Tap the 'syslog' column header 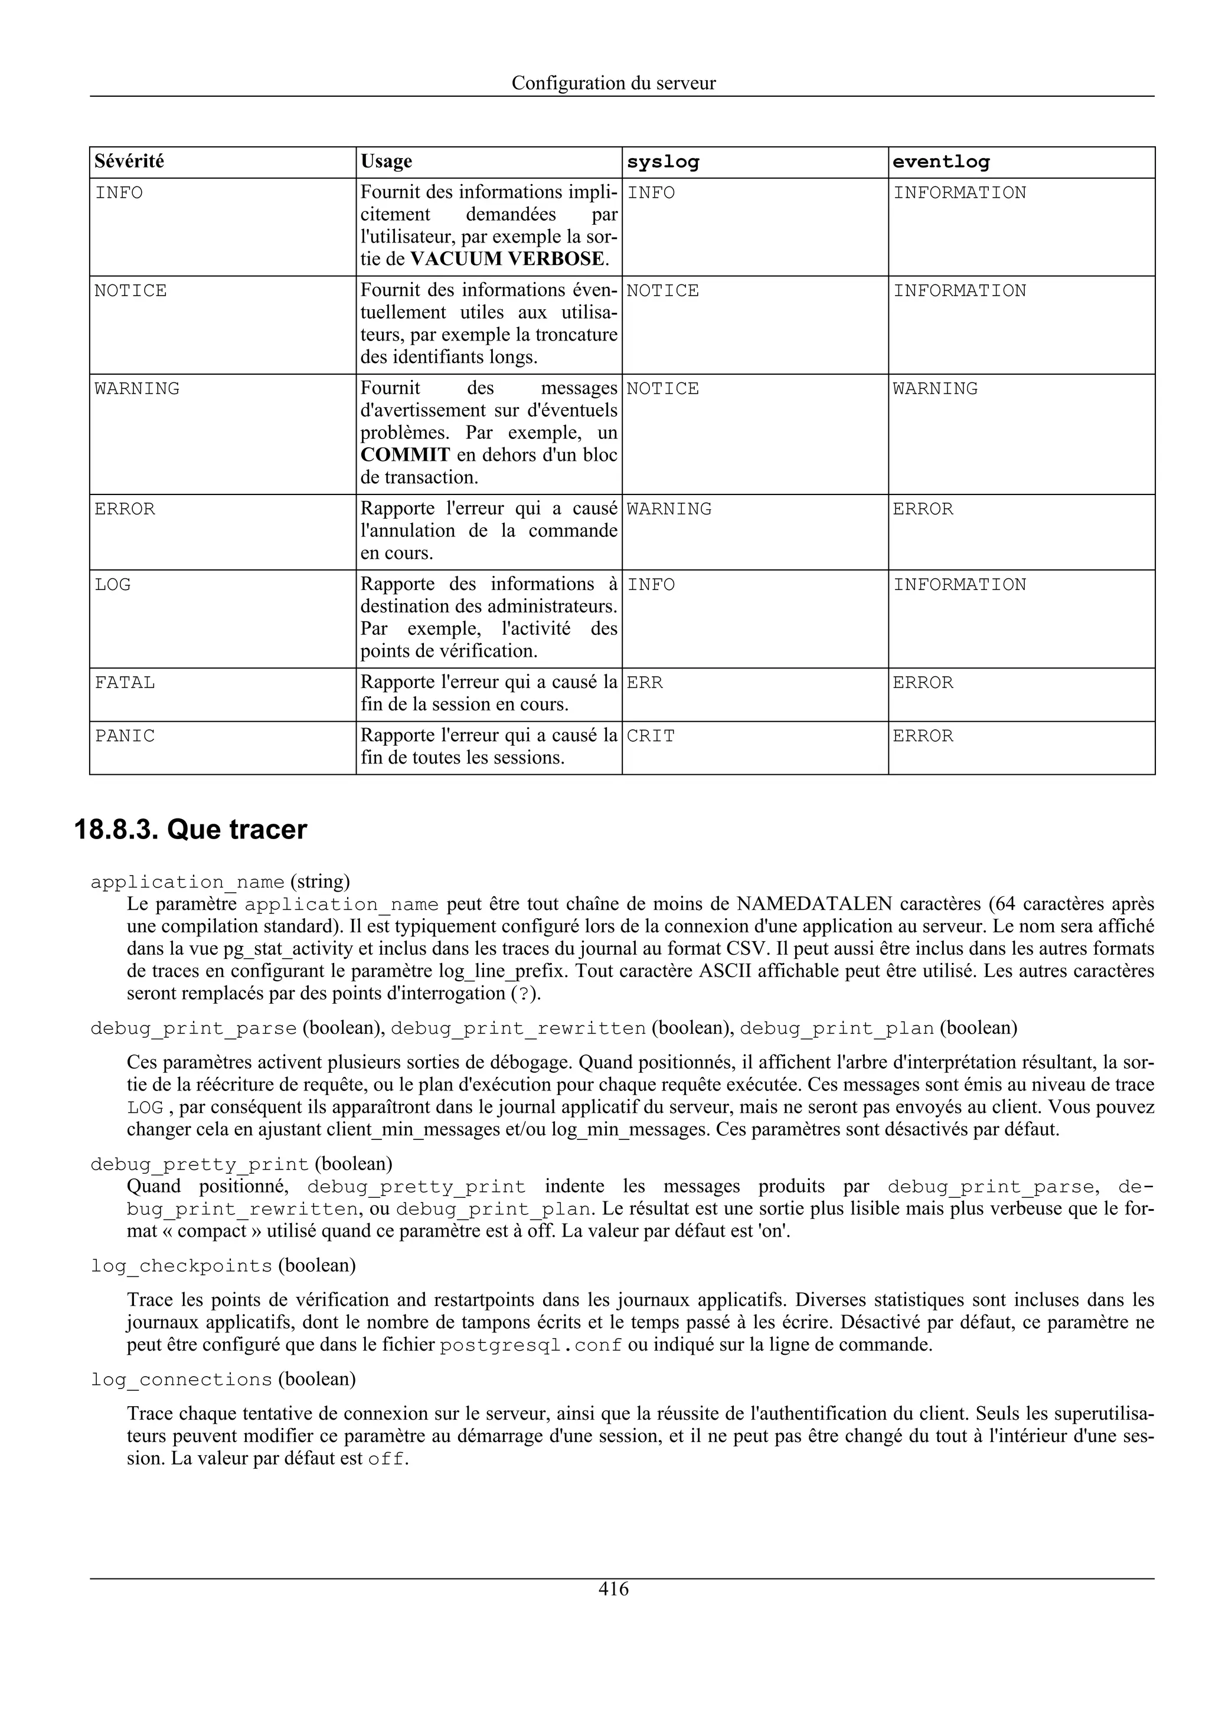point(662,162)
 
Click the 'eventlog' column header point(941,162)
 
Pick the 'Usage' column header point(386,162)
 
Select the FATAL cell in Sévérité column point(125,683)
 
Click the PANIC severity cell point(125,736)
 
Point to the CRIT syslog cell point(651,736)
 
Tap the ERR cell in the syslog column point(645,683)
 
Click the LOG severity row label point(113,585)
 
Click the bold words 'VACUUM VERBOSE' point(507,259)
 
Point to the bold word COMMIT point(405,455)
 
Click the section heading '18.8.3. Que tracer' point(191,830)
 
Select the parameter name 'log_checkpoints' point(181,1266)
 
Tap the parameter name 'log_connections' point(181,1380)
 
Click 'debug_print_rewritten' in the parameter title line point(518,1029)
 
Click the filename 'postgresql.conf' point(530,1346)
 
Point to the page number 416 point(613,1590)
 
